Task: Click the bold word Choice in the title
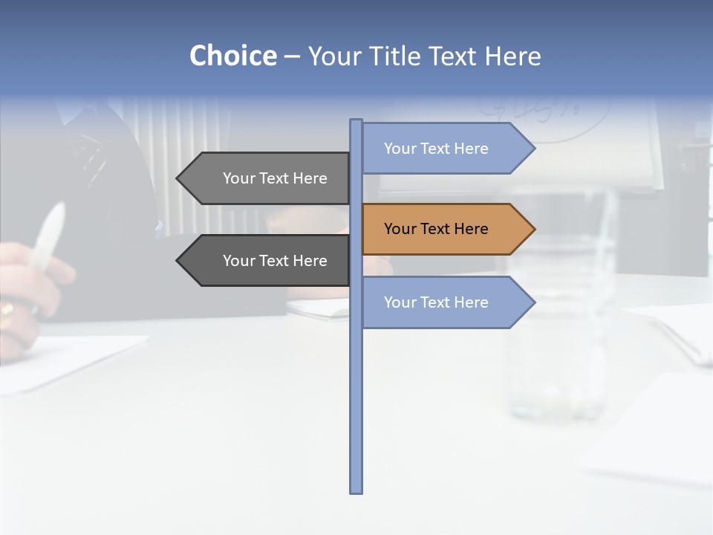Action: (232, 56)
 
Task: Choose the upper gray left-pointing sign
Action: (267, 178)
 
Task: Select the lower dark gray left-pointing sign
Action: (267, 261)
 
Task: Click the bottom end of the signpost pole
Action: (356, 490)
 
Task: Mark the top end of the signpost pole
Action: (356, 121)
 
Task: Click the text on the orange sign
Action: (436, 229)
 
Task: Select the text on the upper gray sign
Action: (275, 178)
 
